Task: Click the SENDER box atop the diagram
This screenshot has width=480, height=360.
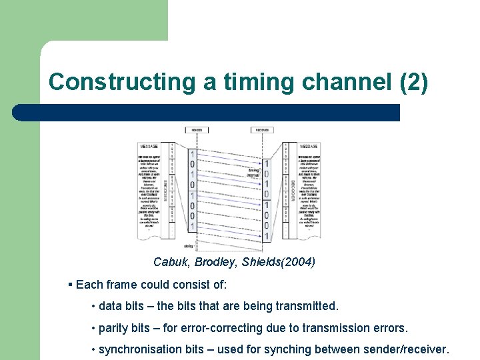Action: pos(197,130)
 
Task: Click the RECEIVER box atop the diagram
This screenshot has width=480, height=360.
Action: pos(262,130)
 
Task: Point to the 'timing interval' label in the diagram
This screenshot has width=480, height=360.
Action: pos(253,173)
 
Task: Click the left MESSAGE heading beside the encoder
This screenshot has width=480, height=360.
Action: pos(149,147)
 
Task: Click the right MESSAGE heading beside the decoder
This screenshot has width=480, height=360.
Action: pos(309,147)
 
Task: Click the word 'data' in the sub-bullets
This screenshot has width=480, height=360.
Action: pos(111,307)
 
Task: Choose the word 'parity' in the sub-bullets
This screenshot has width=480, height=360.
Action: pos(114,328)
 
